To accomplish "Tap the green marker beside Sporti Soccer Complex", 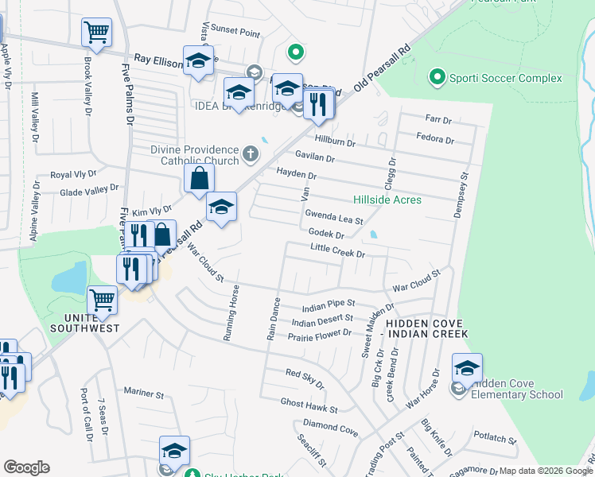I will tap(437, 78).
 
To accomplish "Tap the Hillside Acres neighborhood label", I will tap(387, 200).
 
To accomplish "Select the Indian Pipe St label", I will tap(328, 305).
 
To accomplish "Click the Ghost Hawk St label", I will tap(309, 405).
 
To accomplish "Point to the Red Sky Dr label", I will tap(305, 378).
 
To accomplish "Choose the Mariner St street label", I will tap(144, 393).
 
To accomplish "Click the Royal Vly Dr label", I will tap(73, 173).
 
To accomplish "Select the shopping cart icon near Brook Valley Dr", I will tap(96, 33).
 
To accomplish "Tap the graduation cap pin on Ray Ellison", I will tap(198, 60).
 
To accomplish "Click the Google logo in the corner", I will tap(26, 467).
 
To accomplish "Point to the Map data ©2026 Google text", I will tap(544, 471).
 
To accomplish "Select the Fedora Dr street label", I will tap(434, 140).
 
